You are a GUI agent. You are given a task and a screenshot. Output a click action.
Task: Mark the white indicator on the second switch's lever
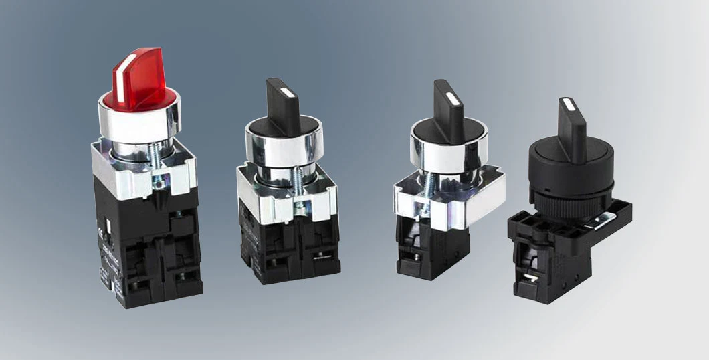[x=285, y=93]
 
